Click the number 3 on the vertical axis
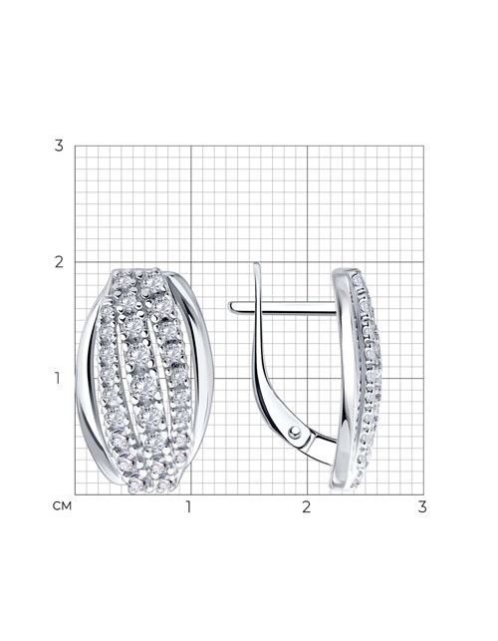point(59,146)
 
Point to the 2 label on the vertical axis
point(59,262)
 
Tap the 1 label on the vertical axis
point(58,378)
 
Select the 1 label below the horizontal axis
point(188,506)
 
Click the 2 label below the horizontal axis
point(307,506)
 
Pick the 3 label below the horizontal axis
point(422,506)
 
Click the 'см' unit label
point(62,506)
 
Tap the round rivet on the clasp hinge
point(295,432)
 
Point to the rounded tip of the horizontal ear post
point(230,307)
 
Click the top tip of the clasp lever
point(256,264)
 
